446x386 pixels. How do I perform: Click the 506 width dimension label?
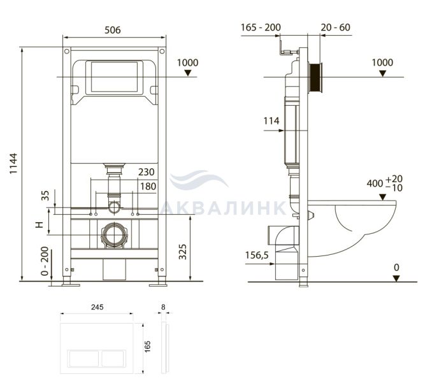click(113, 30)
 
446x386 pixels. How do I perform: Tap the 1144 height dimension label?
click(13, 164)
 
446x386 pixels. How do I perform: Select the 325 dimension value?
click(183, 252)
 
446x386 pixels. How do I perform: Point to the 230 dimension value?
click(147, 172)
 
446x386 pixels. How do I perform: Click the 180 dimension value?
click(148, 187)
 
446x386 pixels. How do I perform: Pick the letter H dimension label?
click(40, 224)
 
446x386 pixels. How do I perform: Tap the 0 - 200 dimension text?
click(45, 261)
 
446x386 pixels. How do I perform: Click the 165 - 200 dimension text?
click(261, 27)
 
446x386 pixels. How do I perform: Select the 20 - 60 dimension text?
click(336, 27)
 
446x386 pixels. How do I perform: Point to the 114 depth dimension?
click(271, 121)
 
